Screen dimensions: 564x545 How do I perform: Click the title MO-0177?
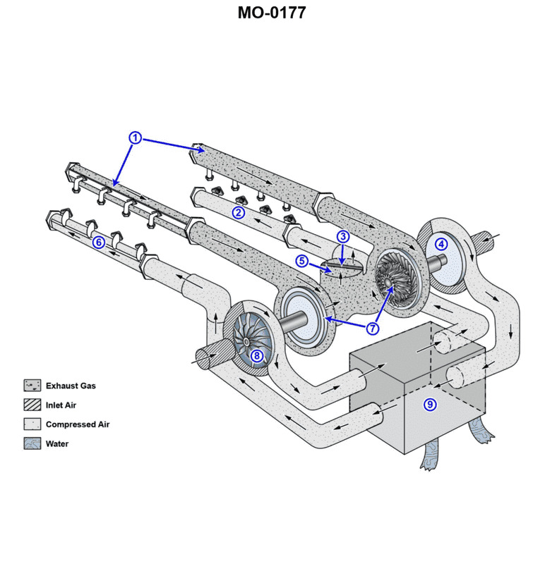(272, 12)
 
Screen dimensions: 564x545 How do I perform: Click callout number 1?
(136, 137)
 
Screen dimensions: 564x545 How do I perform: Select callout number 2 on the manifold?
(239, 212)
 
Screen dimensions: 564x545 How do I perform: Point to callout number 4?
(441, 245)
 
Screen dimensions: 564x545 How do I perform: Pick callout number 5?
(301, 261)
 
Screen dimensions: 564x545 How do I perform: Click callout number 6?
(99, 243)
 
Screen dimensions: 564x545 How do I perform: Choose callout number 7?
(373, 328)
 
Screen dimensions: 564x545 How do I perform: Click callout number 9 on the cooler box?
(429, 404)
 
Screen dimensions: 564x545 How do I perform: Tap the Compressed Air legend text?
(78, 424)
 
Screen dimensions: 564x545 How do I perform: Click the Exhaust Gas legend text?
(71, 386)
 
